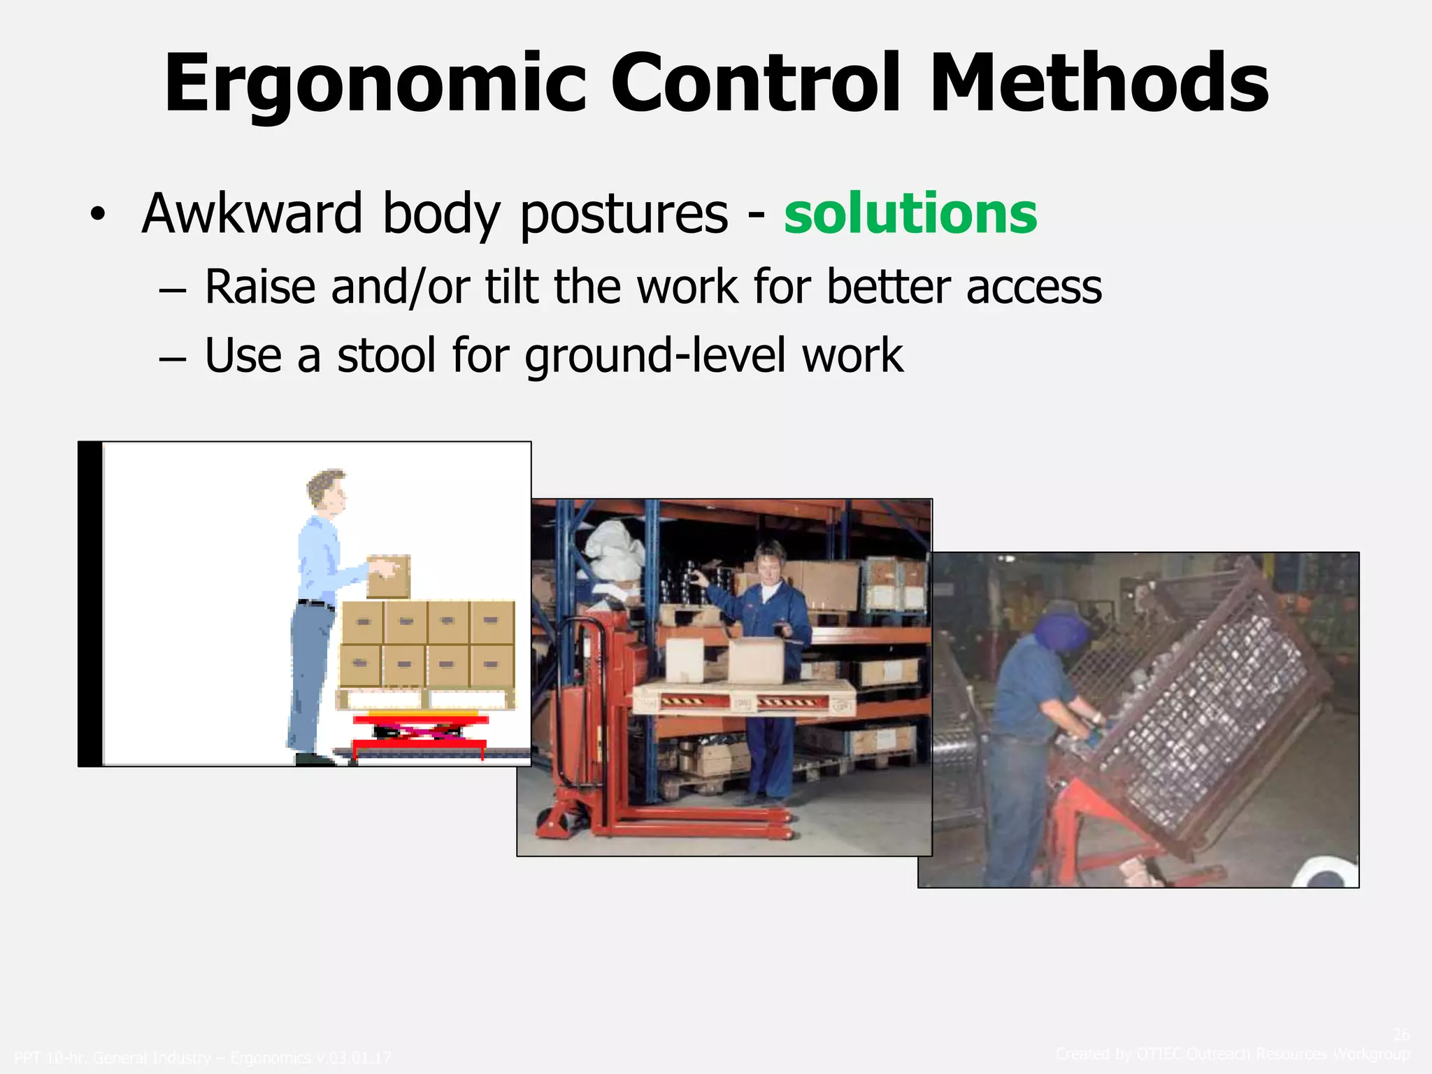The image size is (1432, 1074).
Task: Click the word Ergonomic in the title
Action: (375, 84)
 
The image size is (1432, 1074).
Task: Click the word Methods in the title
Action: (1098, 84)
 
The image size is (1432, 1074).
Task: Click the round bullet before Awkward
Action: (97, 215)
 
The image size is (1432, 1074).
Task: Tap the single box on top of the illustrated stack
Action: (389, 577)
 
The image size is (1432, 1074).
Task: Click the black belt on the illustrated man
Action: (315, 603)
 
